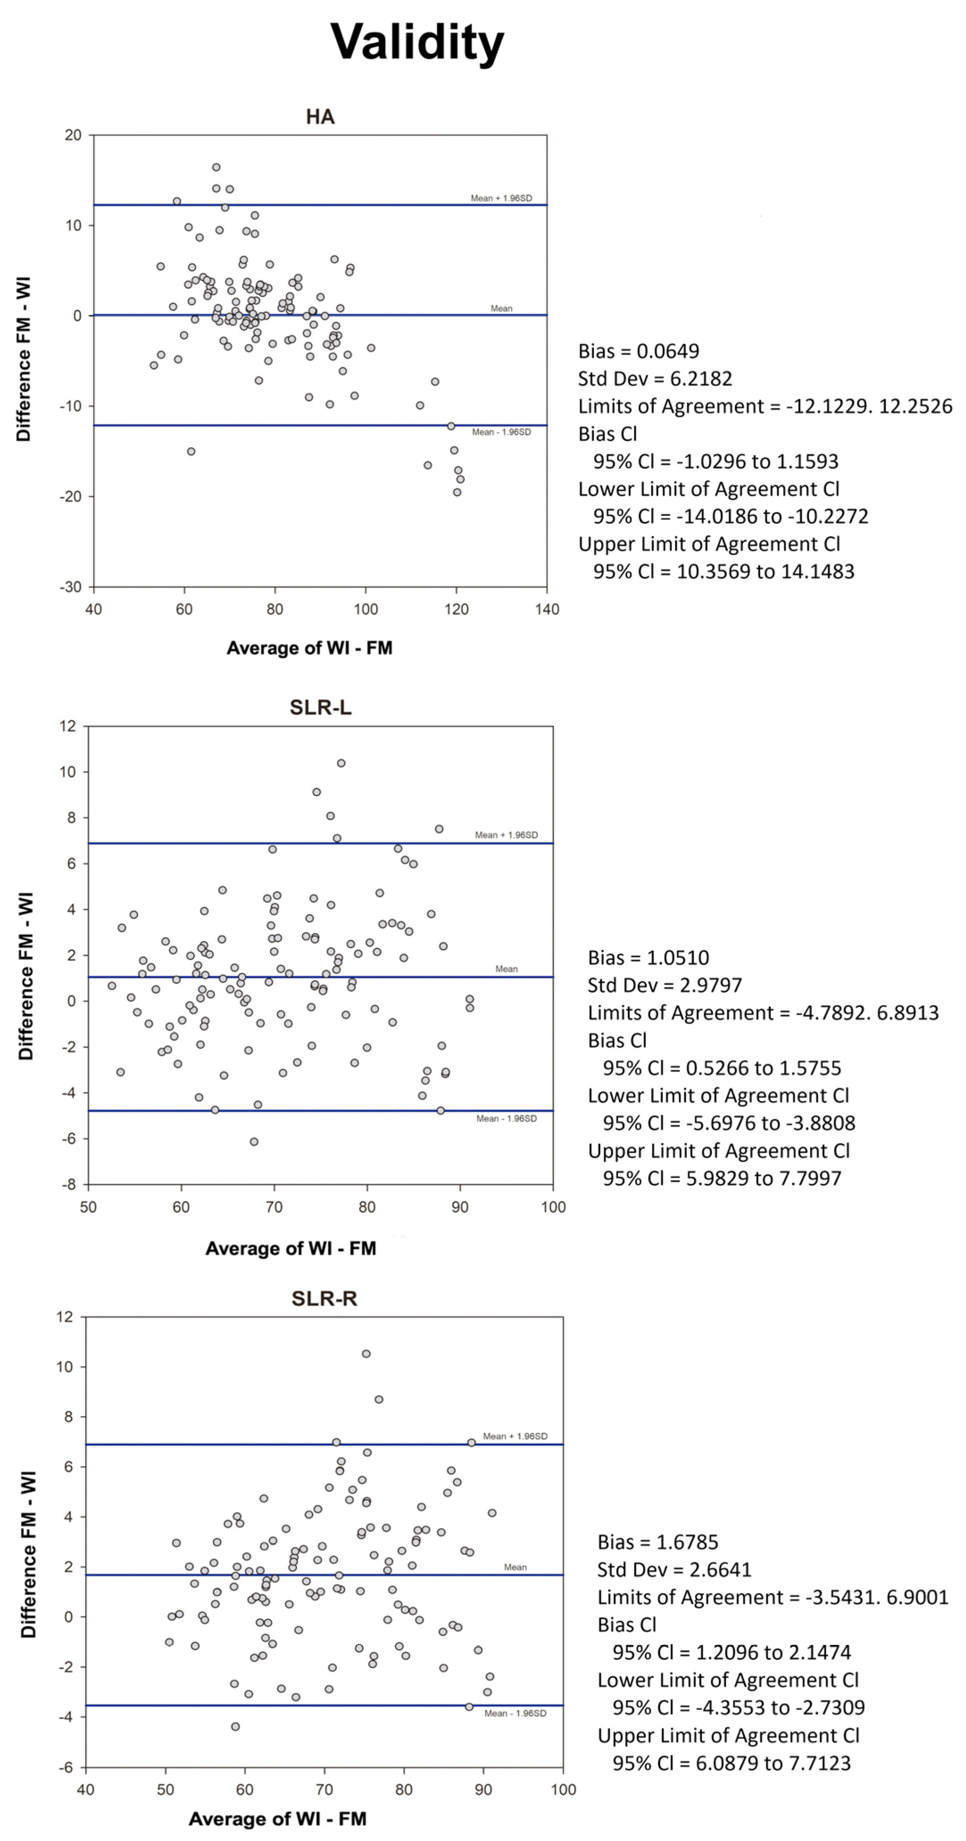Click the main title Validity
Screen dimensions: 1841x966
coord(417,41)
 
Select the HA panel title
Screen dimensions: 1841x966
coord(320,116)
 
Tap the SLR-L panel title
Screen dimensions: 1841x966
coord(320,707)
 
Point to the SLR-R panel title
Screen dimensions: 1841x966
coord(324,1299)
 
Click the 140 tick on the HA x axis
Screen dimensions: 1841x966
coord(547,610)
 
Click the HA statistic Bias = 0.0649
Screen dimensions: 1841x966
coord(639,351)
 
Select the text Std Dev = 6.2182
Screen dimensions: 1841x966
coord(655,379)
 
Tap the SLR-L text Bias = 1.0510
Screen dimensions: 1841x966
coord(648,957)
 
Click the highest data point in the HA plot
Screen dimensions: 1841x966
coord(216,167)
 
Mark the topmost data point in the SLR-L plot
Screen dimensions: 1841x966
coord(341,763)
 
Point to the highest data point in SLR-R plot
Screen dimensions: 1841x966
coord(366,1354)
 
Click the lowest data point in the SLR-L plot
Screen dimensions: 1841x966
coord(254,1141)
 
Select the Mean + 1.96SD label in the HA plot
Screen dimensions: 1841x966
coord(501,198)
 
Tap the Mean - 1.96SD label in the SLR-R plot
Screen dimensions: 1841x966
coord(515,1713)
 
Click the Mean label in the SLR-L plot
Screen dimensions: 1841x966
coord(506,969)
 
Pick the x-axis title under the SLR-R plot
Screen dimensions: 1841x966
coord(277,1819)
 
